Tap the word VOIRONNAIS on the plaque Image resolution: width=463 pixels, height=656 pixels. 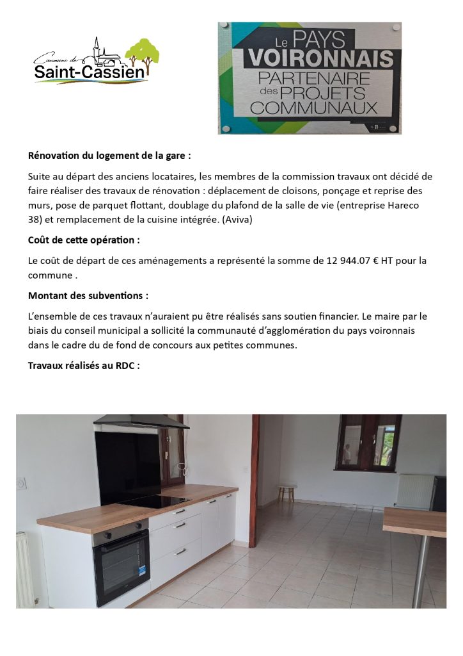(320, 60)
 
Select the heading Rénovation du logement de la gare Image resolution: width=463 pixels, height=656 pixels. (109, 155)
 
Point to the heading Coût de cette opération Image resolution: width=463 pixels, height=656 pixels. (84, 240)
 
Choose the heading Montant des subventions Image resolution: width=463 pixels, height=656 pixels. (88, 296)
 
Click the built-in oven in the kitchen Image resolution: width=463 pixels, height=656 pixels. (122, 557)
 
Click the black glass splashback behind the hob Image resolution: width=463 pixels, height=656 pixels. (128, 466)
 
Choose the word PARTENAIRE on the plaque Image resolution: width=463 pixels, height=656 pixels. (314, 79)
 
